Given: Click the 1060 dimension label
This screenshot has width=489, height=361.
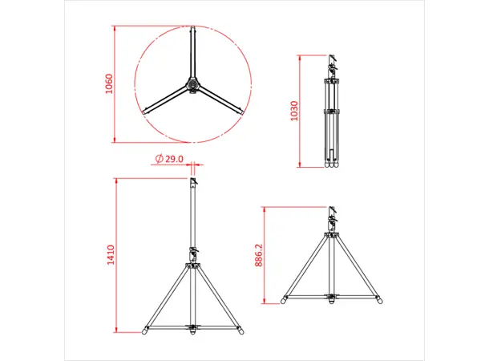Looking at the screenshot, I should click(x=110, y=84).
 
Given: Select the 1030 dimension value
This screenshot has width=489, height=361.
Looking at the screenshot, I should click(x=294, y=111).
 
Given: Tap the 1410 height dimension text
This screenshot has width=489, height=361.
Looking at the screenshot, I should click(x=111, y=254).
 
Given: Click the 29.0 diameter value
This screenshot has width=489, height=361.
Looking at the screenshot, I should click(x=176, y=159).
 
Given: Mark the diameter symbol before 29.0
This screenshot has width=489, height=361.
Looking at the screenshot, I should click(x=160, y=159).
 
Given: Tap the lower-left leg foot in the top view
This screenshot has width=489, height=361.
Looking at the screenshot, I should click(x=146, y=112).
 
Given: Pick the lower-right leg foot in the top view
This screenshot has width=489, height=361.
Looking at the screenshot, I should click(x=239, y=112).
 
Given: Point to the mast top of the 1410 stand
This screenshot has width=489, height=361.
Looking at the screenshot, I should click(x=192, y=180).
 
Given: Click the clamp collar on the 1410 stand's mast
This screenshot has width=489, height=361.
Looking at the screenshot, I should click(x=192, y=257).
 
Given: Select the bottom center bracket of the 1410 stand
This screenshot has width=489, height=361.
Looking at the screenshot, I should click(x=192, y=327).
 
